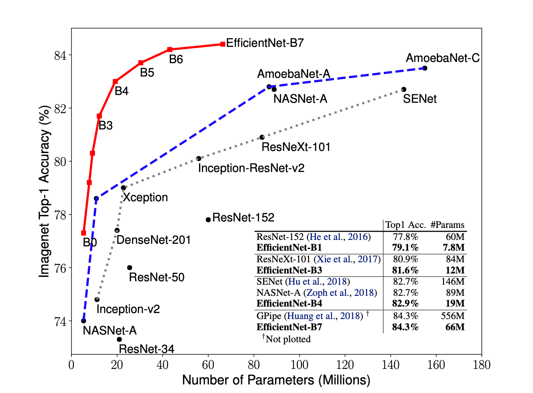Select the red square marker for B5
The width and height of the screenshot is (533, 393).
(141, 63)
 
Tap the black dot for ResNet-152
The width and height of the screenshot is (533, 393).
(208, 219)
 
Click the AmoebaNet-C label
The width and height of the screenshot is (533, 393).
(443, 58)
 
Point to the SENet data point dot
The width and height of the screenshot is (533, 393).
(404, 89)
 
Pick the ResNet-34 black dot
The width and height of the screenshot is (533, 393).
(119, 339)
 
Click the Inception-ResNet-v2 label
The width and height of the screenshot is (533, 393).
(251, 168)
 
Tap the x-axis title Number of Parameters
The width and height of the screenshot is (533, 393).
(276, 381)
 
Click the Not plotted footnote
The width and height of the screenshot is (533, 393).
(286, 339)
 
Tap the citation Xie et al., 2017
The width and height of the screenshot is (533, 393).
(347, 259)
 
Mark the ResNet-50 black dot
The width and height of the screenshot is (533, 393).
(129, 267)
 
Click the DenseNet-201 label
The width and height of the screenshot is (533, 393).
(153, 240)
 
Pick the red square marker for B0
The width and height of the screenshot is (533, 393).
(83, 233)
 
